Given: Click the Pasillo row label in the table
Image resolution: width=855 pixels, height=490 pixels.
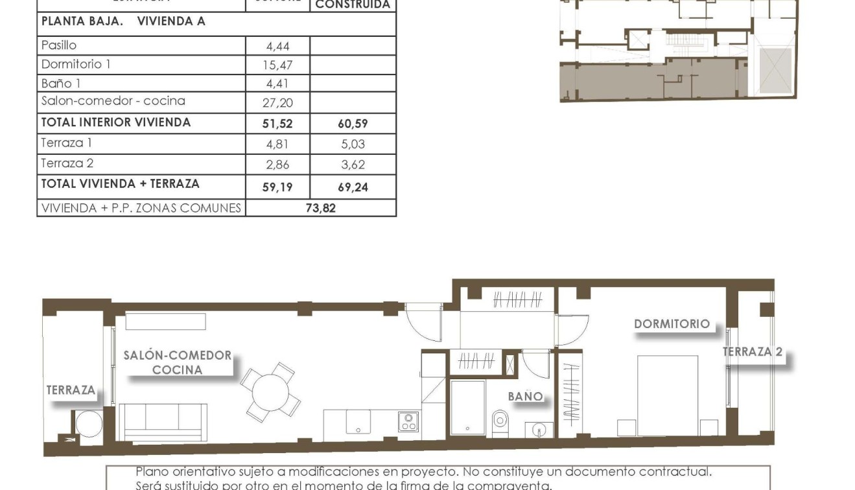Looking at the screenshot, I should (x=59, y=45).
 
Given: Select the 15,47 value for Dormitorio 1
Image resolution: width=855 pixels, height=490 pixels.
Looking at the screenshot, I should (x=277, y=65).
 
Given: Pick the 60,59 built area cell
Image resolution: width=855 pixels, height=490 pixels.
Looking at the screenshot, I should (x=353, y=124).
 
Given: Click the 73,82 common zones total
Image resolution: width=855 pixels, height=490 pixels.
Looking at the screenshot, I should (x=321, y=208).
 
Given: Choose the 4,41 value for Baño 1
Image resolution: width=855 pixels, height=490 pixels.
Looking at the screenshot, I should (x=277, y=84).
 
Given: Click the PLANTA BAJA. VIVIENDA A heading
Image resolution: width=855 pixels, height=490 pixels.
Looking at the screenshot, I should (x=123, y=21).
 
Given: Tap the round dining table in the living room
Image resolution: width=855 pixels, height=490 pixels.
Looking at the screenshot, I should (x=270, y=390).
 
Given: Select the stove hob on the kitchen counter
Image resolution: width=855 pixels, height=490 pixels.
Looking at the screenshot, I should (x=408, y=422).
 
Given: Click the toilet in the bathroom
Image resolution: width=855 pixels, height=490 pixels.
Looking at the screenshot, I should (x=500, y=422).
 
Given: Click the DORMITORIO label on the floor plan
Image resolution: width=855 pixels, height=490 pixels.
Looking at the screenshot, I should (x=672, y=323).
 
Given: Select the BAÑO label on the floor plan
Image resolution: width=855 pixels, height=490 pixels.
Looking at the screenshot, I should (x=525, y=396).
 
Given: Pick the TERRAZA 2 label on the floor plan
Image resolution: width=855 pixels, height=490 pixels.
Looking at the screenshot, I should (x=753, y=352).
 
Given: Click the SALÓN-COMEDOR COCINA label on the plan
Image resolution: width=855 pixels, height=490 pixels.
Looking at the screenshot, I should (x=177, y=362).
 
